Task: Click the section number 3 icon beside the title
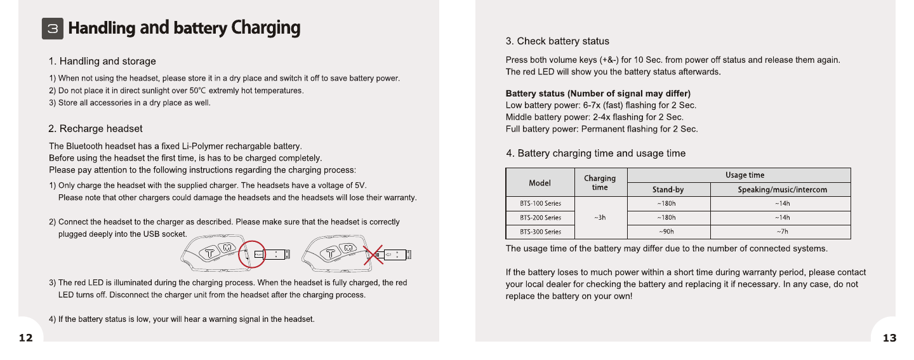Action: tap(53, 29)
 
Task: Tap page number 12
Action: tap(25, 338)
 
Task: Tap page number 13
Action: tap(889, 338)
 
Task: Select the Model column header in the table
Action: tap(540, 183)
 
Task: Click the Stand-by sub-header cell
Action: tap(668, 190)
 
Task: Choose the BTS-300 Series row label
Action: tap(540, 232)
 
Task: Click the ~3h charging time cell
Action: tap(600, 218)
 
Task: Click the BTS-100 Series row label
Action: tap(540, 204)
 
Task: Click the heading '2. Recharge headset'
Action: tap(96, 129)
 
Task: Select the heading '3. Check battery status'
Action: tap(557, 41)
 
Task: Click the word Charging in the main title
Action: tap(265, 28)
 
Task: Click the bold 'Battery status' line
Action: tap(598, 94)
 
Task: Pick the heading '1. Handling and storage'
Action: tap(102, 62)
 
